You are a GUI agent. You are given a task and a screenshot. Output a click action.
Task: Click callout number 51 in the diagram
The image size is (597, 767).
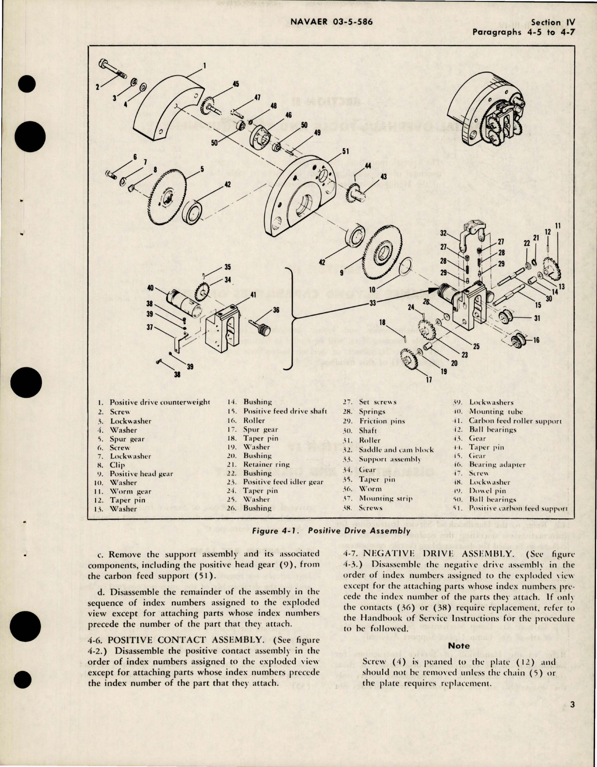coord(345,151)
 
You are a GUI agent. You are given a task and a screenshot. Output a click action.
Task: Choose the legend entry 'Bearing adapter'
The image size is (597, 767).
coord(497,465)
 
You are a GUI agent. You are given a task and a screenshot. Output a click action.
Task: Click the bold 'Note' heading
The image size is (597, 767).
coord(459,646)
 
